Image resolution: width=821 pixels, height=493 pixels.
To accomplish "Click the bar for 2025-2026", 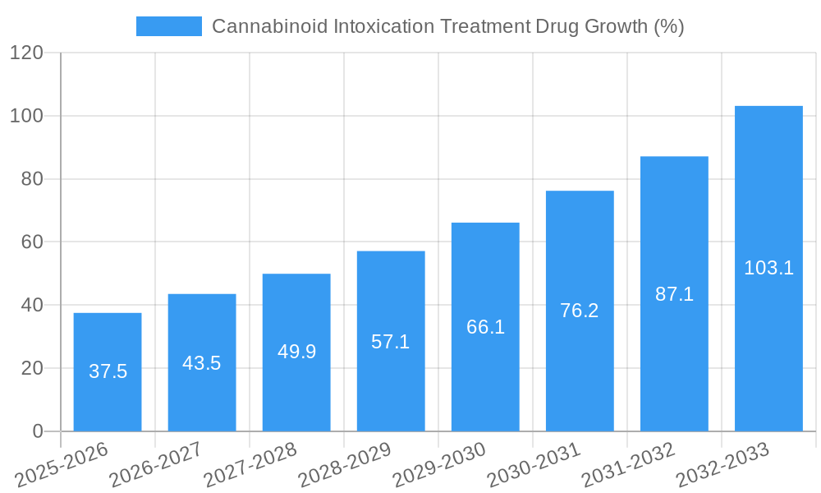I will [x=108, y=372].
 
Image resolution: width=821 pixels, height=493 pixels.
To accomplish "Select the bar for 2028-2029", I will [x=391, y=341].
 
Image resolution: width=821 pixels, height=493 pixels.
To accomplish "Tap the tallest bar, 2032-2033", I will [x=768, y=269].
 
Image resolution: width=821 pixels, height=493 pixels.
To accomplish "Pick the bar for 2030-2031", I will [x=580, y=311].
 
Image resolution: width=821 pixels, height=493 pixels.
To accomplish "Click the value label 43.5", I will [x=202, y=363].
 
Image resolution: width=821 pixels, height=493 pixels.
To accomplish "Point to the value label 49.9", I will [x=296, y=352].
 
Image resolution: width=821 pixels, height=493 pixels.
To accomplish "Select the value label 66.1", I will [x=485, y=327].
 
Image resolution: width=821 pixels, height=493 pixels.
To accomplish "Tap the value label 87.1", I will [x=674, y=294].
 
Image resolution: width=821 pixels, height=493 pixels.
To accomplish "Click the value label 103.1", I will [x=768, y=268].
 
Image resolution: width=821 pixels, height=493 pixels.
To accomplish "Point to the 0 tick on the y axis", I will [x=37, y=431].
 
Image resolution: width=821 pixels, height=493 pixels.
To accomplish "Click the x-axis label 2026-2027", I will [x=156, y=465].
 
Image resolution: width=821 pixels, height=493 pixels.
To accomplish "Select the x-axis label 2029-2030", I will [x=438, y=465].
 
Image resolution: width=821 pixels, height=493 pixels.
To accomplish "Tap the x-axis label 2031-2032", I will [x=628, y=465].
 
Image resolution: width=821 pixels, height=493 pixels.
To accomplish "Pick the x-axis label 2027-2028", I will [x=250, y=465].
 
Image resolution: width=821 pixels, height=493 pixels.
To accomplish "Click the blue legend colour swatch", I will [x=169, y=26].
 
